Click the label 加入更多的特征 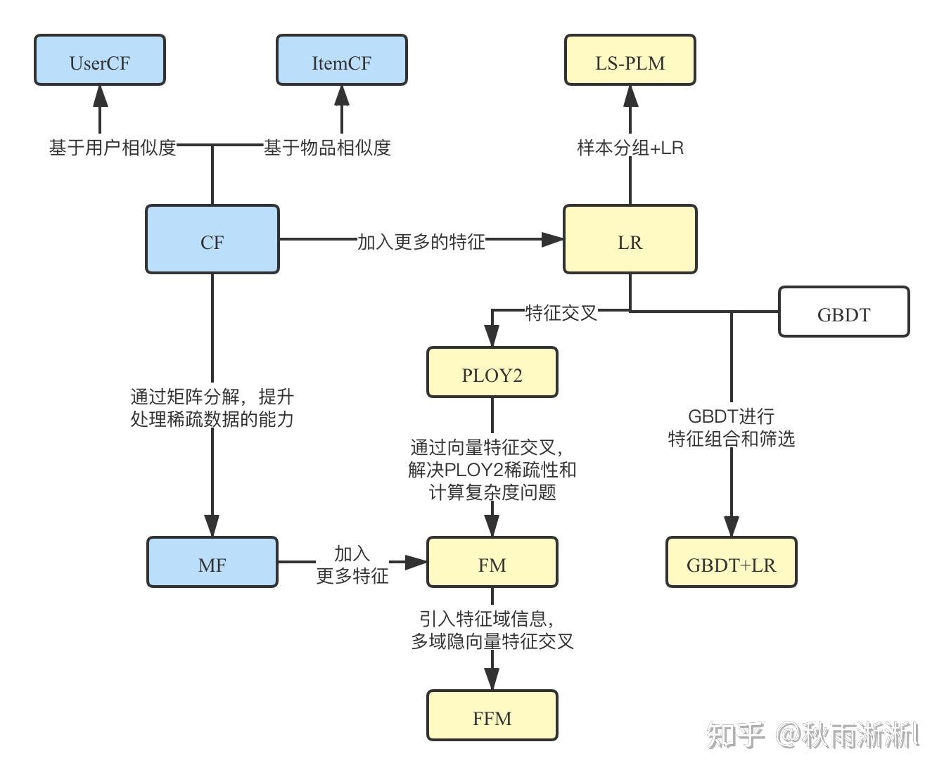[x=421, y=241]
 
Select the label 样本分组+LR [x=630, y=148]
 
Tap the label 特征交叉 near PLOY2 [x=561, y=312]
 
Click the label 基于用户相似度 [x=113, y=148]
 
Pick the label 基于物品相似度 [x=327, y=148]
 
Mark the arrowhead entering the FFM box [x=492, y=679]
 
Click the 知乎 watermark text [x=735, y=736]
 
